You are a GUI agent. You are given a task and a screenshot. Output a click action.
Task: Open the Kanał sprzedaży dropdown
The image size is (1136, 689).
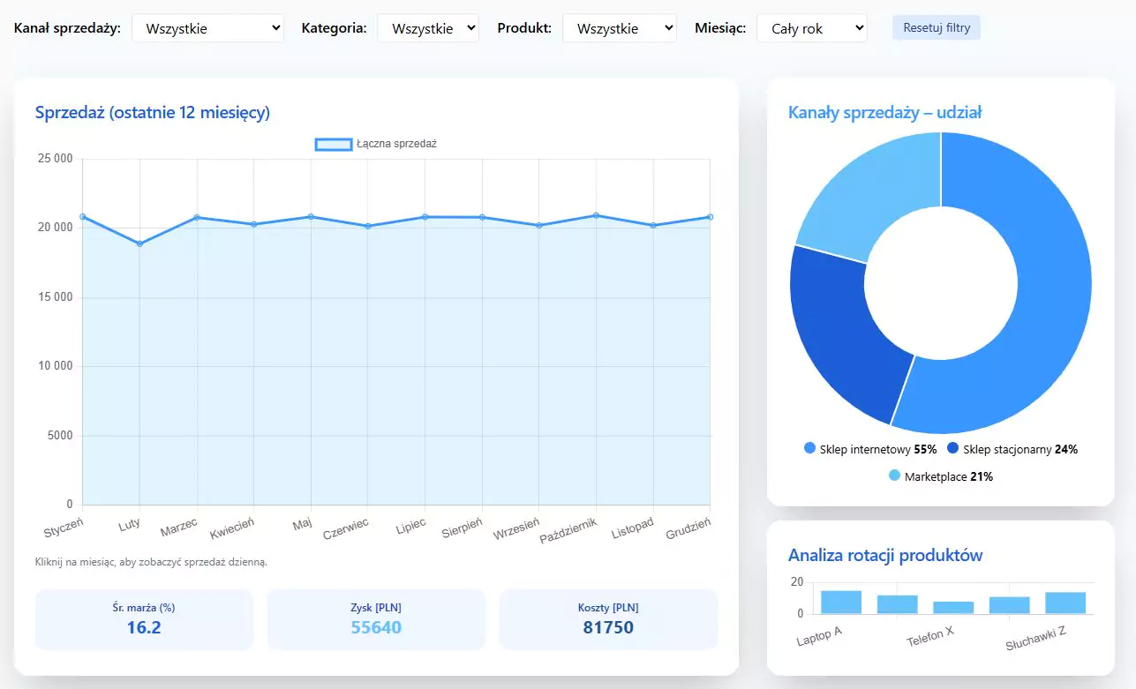(x=207, y=28)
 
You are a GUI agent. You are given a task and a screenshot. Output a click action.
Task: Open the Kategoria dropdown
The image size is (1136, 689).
(x=427, y=28)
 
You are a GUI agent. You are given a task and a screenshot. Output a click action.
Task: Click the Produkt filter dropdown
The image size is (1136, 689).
(x=619, y=28)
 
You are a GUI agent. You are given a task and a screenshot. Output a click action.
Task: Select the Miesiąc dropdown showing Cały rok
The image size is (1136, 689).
(x=811, y=28)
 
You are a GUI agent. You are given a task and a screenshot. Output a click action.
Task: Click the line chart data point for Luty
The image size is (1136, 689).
(x=139, y=243)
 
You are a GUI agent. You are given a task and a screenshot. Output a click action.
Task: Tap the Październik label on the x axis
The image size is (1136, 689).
(x=568, y=530)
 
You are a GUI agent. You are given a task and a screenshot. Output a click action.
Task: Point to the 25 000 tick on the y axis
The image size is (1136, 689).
(x=55, y=159)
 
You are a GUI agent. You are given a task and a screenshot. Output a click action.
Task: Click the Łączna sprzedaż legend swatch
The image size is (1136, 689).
(x=334, y=144)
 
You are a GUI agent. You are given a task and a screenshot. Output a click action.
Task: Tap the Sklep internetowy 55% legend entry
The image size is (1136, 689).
(x=869, y=449)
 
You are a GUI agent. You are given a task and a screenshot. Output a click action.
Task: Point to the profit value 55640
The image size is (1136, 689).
(x=376, y=627)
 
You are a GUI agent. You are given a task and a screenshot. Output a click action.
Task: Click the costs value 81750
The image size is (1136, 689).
(x=608, y=627)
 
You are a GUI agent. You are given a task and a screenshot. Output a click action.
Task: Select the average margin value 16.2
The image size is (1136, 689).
(x=144, y=627)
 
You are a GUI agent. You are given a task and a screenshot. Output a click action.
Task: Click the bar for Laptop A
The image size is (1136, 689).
(x=840, y=602)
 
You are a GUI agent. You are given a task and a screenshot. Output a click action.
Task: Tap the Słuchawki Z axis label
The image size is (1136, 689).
(x=1035, y=637)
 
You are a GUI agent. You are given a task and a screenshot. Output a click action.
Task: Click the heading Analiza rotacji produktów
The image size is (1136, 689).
(x=884, y=555)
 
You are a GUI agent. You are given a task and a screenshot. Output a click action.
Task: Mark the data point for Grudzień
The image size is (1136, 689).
(x=709, y=217)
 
